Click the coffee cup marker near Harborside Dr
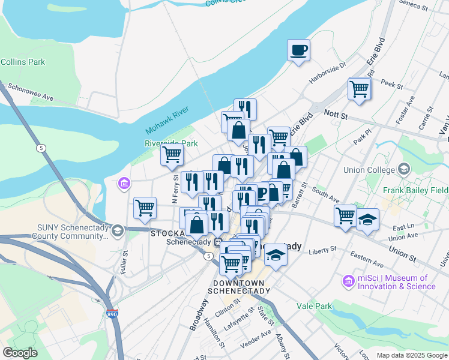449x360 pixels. (298, 50)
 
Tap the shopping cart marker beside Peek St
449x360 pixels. (359, 89)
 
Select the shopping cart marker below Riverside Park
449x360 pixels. (172, 155)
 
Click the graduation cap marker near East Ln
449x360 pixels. (367, 220)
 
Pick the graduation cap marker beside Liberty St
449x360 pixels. (276, 254)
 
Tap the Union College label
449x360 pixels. (367, 170)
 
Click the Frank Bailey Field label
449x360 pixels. (415, 190)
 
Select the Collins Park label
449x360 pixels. (23, 62)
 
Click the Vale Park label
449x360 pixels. (314, 306)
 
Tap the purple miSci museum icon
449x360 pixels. (348, 281)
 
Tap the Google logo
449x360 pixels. (20, 353)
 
